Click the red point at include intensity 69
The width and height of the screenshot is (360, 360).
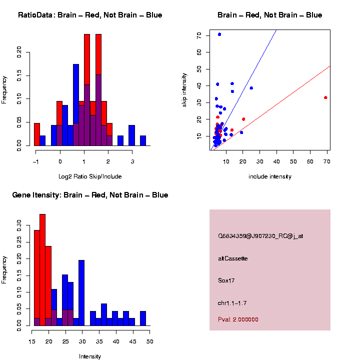point(325,97)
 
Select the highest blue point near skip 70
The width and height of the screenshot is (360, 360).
point(219,34)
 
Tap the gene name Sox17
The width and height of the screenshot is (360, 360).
point(226,280)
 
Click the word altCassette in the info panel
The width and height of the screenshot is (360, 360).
point(233,258)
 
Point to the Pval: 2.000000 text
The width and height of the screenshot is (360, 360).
point(238,319)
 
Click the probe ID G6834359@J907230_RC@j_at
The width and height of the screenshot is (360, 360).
point(260,236)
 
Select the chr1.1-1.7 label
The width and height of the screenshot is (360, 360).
point(232,303)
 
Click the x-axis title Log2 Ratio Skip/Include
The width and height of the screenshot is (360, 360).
point(90,176)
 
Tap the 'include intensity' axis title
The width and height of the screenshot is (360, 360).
point(270,176)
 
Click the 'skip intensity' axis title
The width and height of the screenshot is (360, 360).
point(184,89)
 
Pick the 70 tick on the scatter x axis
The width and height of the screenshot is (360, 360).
point(327,161)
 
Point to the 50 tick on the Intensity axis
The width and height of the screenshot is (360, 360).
point(150,341)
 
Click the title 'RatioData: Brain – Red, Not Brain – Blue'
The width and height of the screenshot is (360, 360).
point(90,15)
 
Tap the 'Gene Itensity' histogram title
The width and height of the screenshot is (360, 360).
point(90,195)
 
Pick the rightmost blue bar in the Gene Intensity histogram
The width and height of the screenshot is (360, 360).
point(143,318)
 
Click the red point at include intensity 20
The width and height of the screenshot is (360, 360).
point(243,119)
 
